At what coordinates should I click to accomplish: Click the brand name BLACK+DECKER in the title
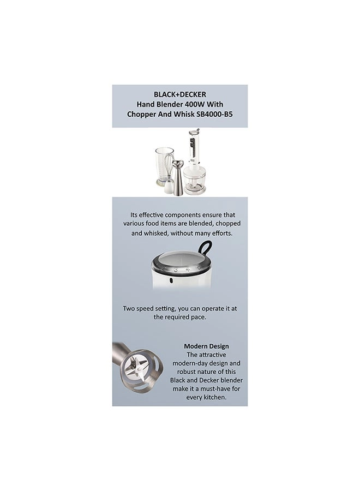click(x=179, y=94)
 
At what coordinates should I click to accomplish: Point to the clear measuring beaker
click(x=163, y=164)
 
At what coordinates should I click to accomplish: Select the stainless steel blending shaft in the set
click(x=178, y=177)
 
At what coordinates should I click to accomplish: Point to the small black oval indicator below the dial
click(x=171, y=280)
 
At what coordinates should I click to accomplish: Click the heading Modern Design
click(x=206, y=346)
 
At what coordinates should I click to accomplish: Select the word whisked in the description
click(x=155, y=233)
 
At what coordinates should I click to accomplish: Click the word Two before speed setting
click(x=129, y=308)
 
